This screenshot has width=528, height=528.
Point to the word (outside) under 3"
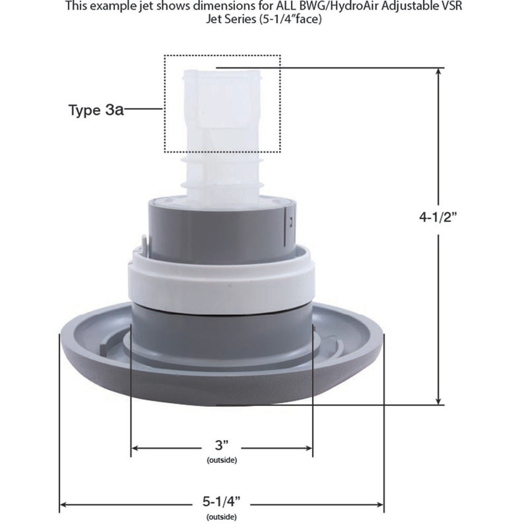coord(221,460)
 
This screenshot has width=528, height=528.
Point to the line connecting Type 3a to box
coord(144,109)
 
